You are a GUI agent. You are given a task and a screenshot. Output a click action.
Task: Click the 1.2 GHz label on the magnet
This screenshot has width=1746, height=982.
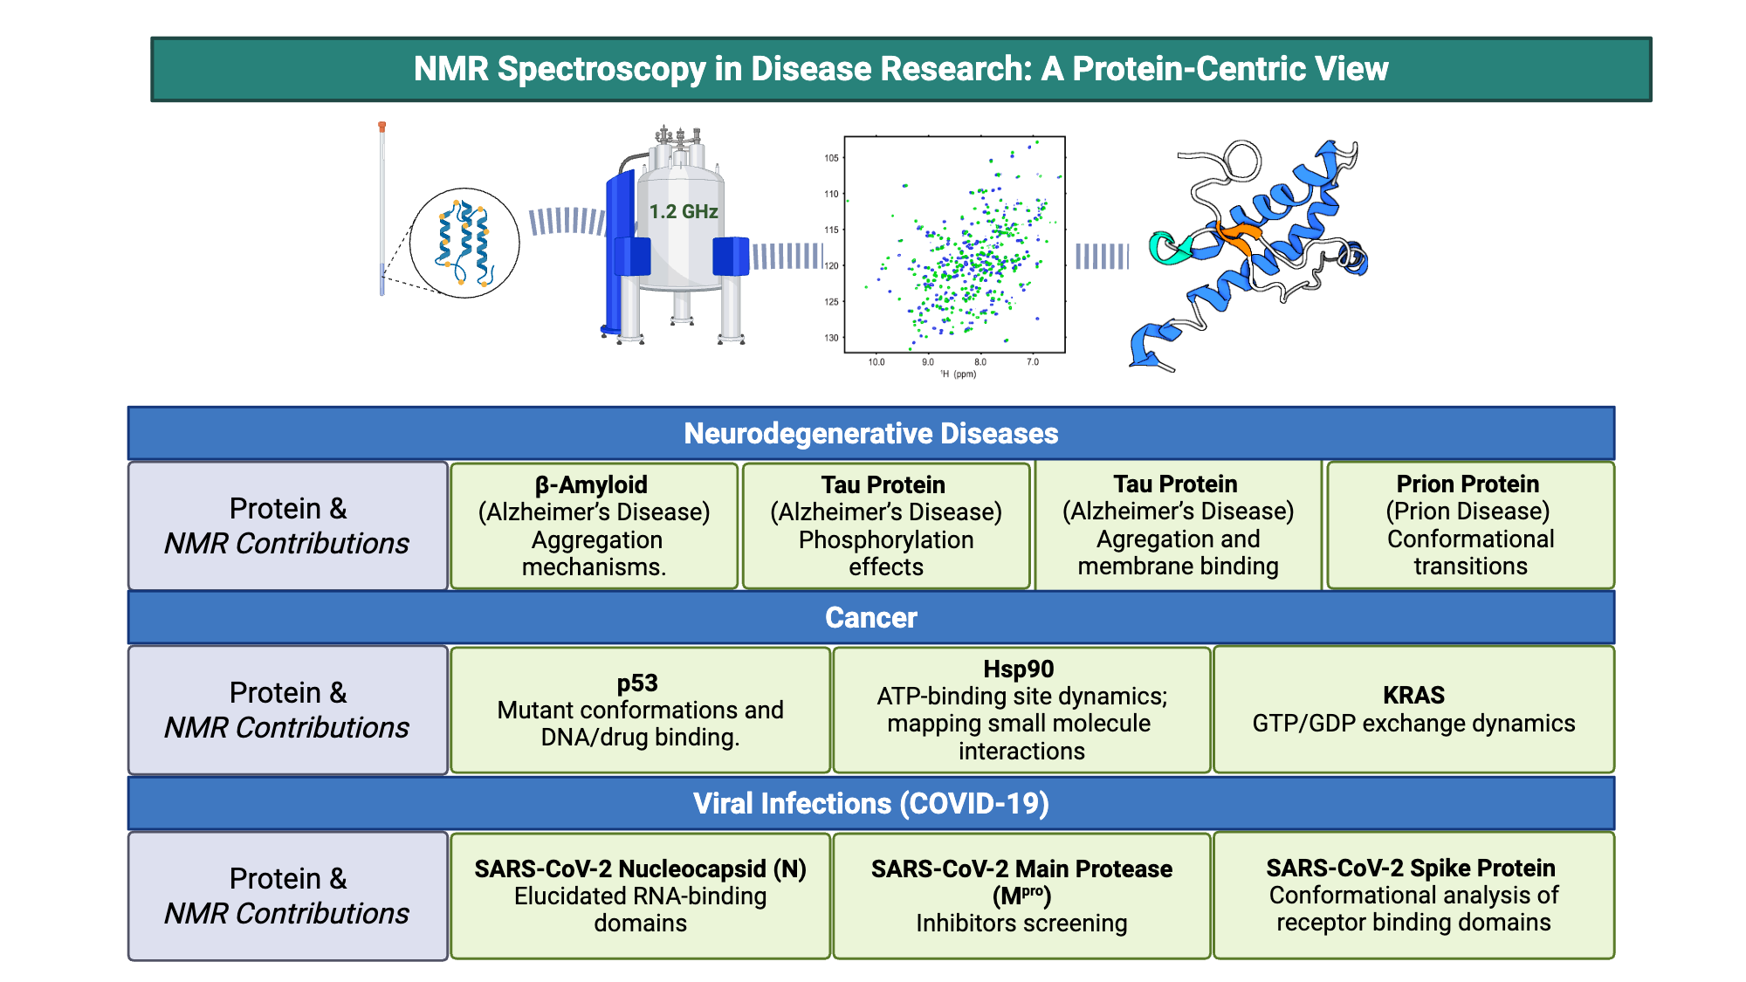683,211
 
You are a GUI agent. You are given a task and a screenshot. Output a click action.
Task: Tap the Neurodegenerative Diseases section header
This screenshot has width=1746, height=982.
870,434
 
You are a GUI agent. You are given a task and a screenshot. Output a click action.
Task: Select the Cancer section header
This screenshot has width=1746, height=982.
870,618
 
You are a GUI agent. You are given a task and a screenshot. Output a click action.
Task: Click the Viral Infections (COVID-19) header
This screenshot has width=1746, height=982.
870,803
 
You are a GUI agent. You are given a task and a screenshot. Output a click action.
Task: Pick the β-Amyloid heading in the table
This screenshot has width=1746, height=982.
591,484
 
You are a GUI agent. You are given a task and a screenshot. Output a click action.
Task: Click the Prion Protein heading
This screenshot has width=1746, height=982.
1468,484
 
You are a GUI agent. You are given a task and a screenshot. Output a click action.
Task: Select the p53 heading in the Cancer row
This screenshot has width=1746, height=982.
637,683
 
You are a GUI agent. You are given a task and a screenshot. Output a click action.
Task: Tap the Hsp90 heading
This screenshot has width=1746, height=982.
1018,669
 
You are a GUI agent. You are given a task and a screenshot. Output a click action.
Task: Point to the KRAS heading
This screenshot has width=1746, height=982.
1413,695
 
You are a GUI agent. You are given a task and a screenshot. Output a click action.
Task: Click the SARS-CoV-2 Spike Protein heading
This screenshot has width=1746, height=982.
1411,868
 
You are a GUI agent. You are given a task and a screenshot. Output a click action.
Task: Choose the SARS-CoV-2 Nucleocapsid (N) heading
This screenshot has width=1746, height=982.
640,869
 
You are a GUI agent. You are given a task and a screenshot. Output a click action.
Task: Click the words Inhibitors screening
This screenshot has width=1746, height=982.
1021,923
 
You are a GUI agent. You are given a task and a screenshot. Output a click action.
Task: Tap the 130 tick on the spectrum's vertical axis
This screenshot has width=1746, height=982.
831,338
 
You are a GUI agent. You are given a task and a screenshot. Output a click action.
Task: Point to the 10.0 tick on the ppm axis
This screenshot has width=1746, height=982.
876,361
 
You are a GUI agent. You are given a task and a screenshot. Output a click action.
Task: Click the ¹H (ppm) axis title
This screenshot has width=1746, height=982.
959,374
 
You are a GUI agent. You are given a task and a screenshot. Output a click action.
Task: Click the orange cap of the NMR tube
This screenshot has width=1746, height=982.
382,127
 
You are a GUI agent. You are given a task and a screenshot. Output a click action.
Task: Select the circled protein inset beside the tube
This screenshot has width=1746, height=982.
464,243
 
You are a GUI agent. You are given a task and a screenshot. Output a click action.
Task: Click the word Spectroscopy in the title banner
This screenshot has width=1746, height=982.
601,69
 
